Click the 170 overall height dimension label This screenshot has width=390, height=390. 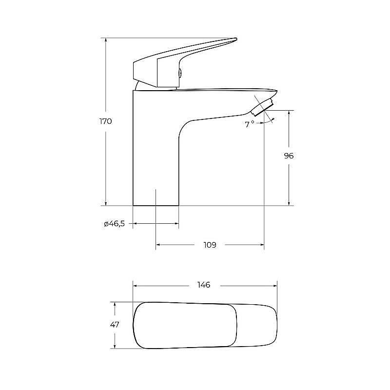(106, 121)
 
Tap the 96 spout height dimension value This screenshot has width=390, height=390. (289, 156)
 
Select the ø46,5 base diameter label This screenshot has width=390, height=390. (114, 224)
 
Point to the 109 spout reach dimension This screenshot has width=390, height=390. (210, 245)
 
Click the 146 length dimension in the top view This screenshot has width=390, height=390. (204, 285)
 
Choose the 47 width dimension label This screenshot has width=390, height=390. (115, 325)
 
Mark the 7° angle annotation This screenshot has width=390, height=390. (250, 124)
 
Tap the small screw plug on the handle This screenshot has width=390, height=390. (180, 73)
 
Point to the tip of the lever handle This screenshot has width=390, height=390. (236, 39)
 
